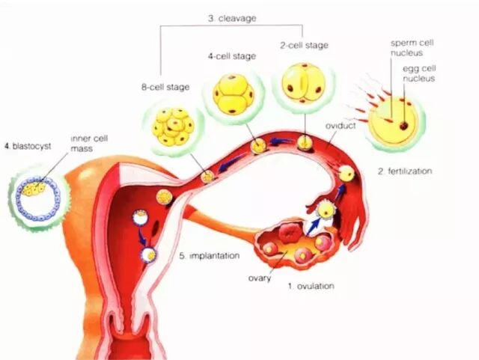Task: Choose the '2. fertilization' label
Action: [x=405, y=171]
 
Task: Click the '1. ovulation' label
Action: [x=311, y=286]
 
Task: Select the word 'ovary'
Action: [x=259, y=281]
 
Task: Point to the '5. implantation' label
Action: [x=209, y=255]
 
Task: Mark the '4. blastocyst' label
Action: [x=25, y=146]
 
